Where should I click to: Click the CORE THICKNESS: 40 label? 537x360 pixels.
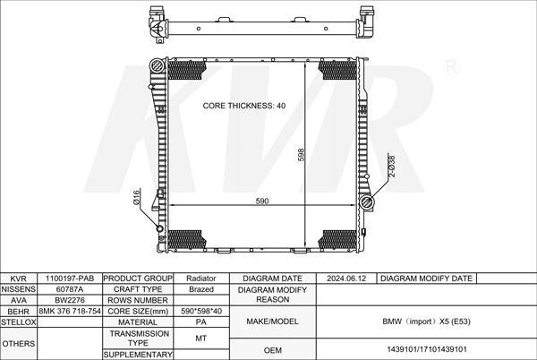(243, 106)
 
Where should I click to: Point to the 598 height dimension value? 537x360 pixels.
(301, 155)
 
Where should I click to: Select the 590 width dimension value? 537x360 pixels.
(262, 201)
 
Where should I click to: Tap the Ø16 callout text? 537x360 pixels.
(136, 198)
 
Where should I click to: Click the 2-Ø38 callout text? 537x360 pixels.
(392, 167)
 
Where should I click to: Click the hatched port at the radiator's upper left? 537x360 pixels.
(158, 65)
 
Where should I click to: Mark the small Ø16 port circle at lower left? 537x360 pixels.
(159, 228)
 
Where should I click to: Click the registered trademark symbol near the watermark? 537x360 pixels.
(451, 67)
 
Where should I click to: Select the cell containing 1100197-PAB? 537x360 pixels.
(70, 279)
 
